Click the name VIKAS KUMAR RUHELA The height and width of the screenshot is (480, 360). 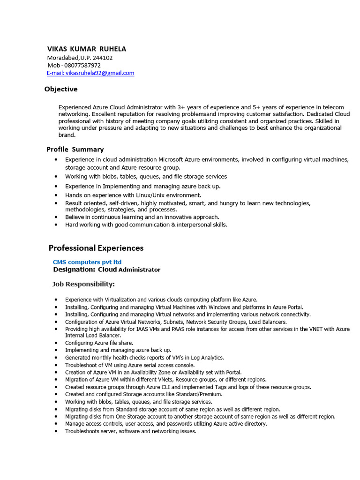click(87, 49)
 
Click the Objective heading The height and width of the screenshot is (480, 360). click(61, 89)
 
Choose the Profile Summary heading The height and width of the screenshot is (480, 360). click(75, 150)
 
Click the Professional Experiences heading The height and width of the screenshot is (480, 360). click(96, 248)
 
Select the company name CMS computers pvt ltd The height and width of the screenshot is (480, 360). click(87, 262)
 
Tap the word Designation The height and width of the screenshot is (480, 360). click(74, 270)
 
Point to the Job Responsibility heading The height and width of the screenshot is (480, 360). click(83, 284)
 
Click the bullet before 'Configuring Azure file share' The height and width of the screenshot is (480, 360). click(56, 343)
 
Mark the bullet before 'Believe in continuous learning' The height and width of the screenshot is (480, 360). click(56, 217)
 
